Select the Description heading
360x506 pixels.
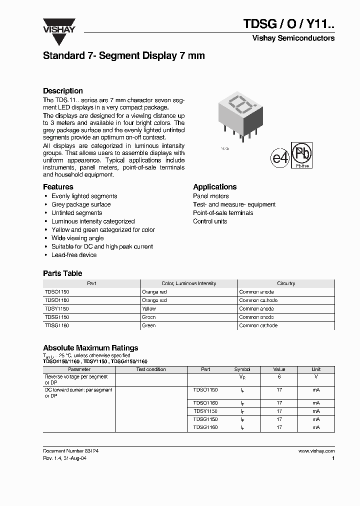pyautogui.click(x=63, y=91)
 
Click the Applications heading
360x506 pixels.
pyautogui.click(x=215, y=187)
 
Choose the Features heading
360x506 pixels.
pyautogui.click(x=58, y=187)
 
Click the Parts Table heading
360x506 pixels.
pyautogui.click(x=62, y=273)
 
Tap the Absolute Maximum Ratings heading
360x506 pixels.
pyautogui.click(x=90, y=348)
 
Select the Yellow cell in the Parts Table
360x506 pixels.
pyautogui.click(x=149, y=309)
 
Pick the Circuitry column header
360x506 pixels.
pyautogui.click(x=286, y=283)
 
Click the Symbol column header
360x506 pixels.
pyautogui.click(x=242, y=369)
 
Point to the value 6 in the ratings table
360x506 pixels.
pyautogui.click(x=279, y=377)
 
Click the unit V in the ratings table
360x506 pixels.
pyautogui.click(x=316, y=377)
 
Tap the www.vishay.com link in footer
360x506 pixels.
pyautogui.click(x=316, y=450)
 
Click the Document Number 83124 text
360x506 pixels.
pyautogui.click(x=70, y=450)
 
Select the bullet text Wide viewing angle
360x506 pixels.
pyautogui.click(x=77, y=238)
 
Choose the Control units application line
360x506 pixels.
pyautogui.click(x=210, y=221)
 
